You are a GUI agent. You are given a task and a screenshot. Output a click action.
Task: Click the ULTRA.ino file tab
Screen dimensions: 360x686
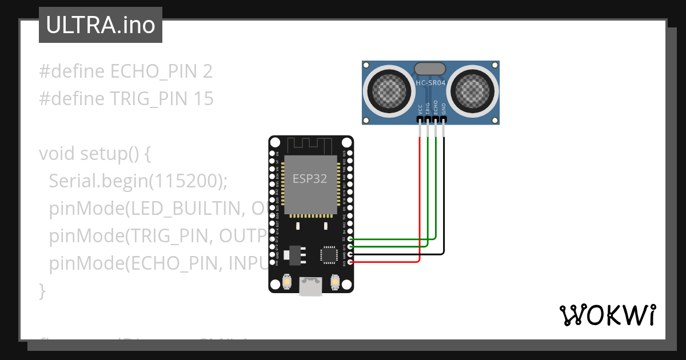point(100,25)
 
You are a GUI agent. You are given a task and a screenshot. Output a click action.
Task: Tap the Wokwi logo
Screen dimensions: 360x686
point(607,315)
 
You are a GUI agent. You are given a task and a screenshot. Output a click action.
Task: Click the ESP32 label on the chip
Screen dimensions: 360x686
point(310,178)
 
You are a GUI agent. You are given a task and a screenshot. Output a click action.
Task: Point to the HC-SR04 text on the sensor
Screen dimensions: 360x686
point(430,83)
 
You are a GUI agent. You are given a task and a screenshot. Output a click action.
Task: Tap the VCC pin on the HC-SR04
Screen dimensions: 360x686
point(420,119)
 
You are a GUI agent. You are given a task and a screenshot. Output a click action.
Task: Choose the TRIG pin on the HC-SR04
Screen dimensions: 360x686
point(428,119)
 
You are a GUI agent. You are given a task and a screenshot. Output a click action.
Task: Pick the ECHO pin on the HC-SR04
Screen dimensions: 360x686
point(436,119)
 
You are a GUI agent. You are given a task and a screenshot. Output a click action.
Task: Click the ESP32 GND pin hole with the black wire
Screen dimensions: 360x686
point(350,254)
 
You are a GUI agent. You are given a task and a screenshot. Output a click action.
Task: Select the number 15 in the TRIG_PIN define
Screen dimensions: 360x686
point(203,99)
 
